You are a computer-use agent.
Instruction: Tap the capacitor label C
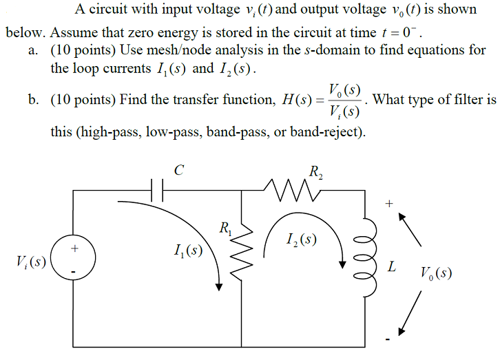(178, 169)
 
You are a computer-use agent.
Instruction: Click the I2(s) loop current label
(301, 240)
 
